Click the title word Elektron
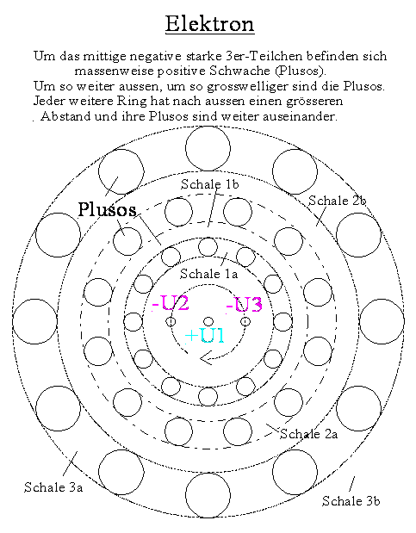(210, 24)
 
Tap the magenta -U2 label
(171, 303)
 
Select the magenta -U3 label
(245, 304)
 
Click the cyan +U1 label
(205, 336)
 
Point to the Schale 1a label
(208, 274)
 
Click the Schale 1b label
(210, 184)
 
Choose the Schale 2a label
(309, 434)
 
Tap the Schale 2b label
(337, 201)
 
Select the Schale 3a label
(53, 487)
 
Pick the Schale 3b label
(351, 500)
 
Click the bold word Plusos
(107, 209)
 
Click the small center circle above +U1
(208, 321)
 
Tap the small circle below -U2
(171, 321)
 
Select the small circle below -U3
(245, 321)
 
